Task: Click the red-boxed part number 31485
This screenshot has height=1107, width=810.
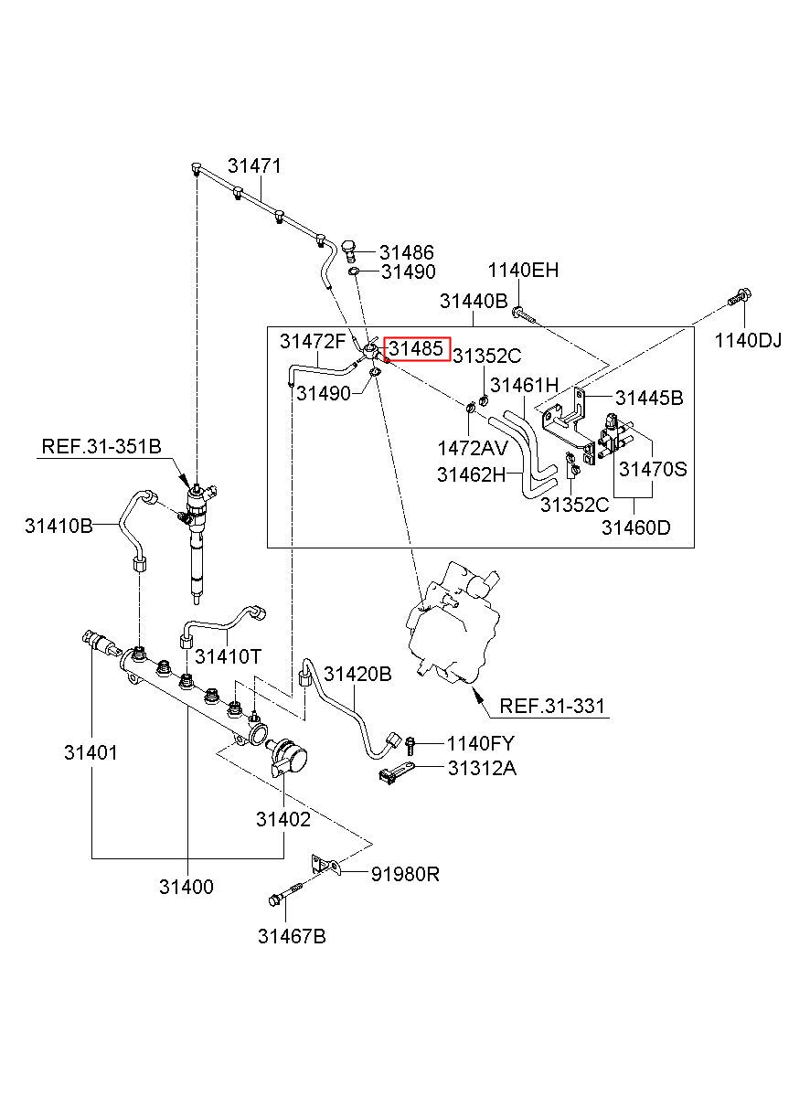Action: point(416,349)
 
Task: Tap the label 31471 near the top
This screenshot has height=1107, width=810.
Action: point(254,166)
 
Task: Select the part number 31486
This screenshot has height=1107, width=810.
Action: point(406,252)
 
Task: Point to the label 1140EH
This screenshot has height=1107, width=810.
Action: point(523,271)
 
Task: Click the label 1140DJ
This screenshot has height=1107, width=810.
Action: point(748,340)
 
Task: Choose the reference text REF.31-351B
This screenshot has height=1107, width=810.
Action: point(101,446)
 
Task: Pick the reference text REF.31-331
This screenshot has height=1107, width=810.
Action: point(552,706)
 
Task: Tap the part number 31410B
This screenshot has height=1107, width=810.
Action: point(59,526)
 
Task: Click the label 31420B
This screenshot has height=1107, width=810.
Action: point(357,674)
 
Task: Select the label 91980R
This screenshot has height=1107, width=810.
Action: point(405,875)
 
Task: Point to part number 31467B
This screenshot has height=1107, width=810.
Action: point(292,936)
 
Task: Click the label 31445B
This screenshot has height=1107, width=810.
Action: point(649,398)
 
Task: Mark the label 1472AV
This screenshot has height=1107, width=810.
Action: point(473,448)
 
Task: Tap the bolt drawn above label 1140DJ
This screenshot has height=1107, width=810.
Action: point(740,298)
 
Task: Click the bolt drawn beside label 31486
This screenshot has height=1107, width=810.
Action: point(349,250)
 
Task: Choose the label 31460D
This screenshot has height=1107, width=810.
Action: point(635,527)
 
